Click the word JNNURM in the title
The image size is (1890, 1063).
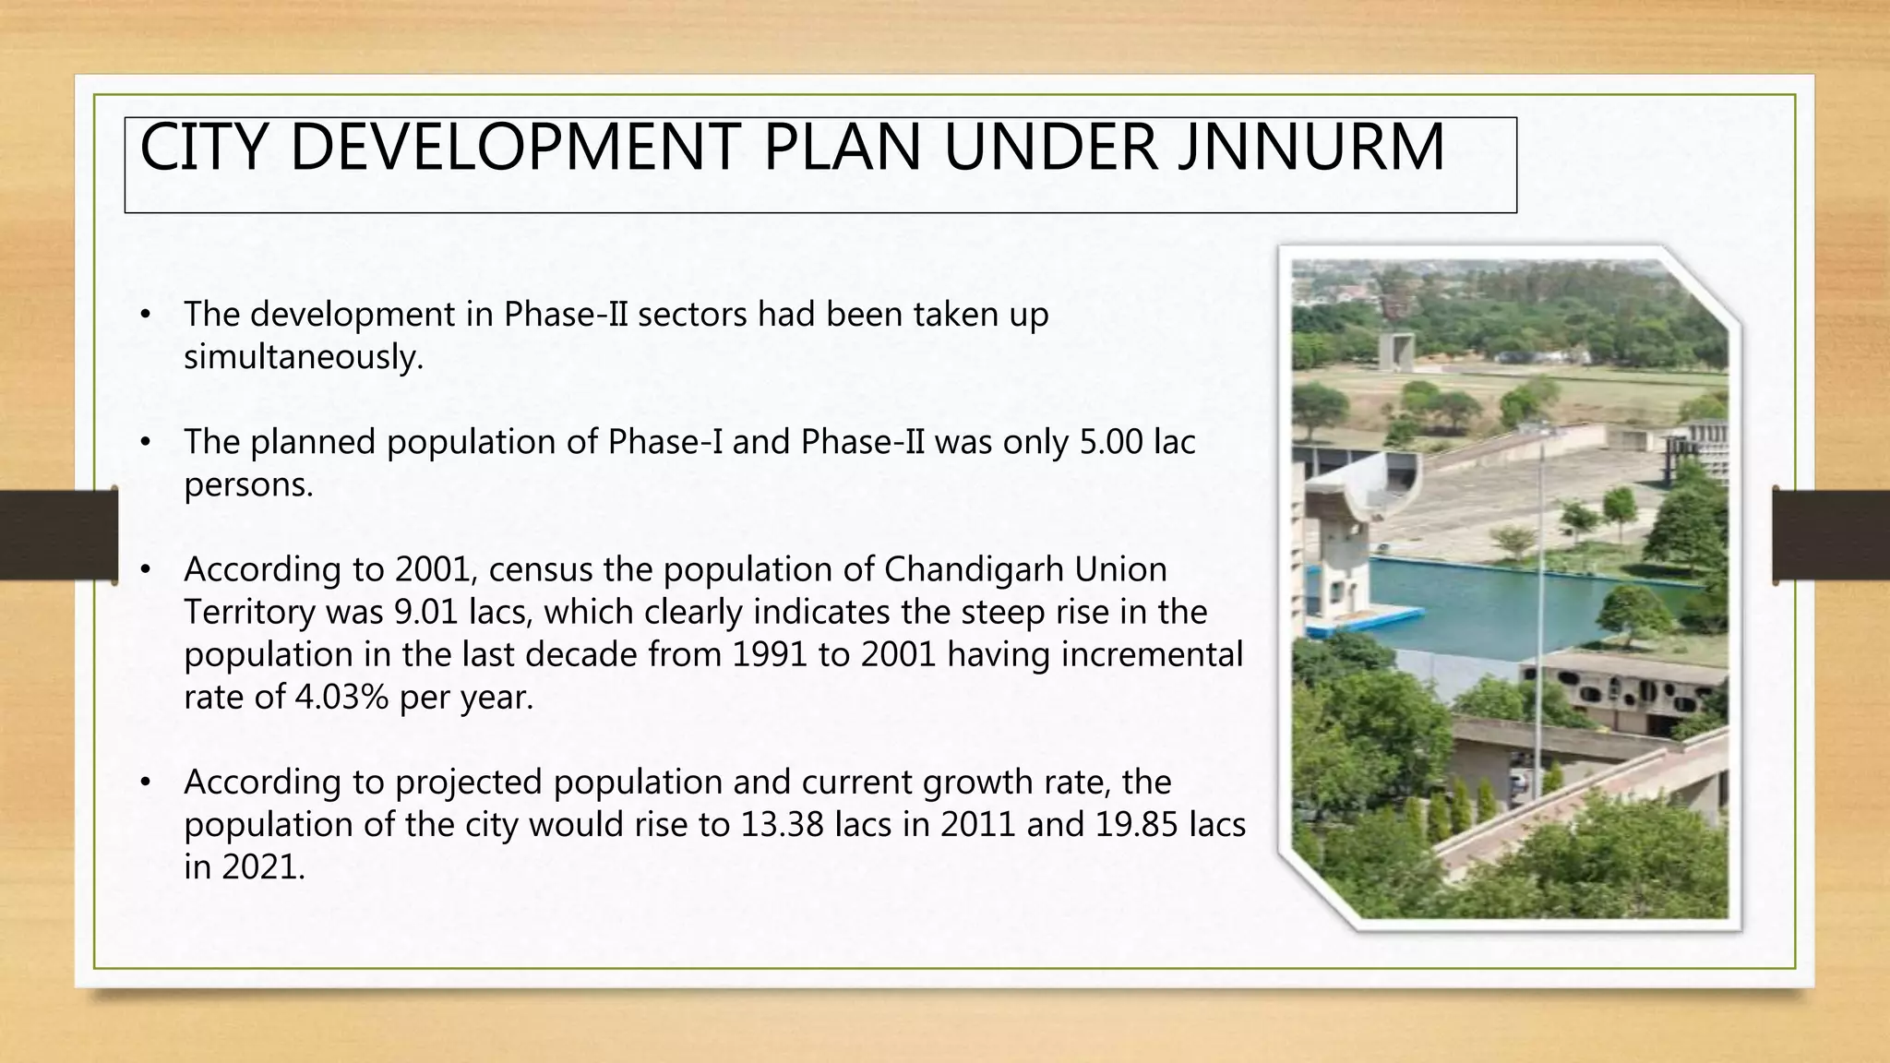(x=1311, y=148)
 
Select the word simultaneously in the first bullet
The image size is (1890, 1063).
(x=303, y=357)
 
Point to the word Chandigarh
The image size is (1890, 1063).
(x=974, y=569)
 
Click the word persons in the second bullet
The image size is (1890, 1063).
(x=248, y=484)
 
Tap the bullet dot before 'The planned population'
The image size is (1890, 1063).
(x=144, y=443)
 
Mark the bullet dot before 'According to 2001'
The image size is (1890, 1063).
(x=144, y=570)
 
